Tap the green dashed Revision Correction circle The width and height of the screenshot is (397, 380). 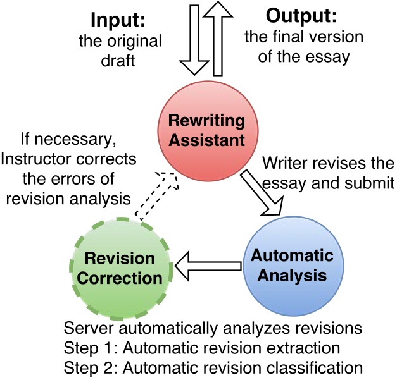pyautogui.click(x=120, y=268)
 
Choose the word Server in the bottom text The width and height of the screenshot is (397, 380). pyautogui.click(x=86, y=329)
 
